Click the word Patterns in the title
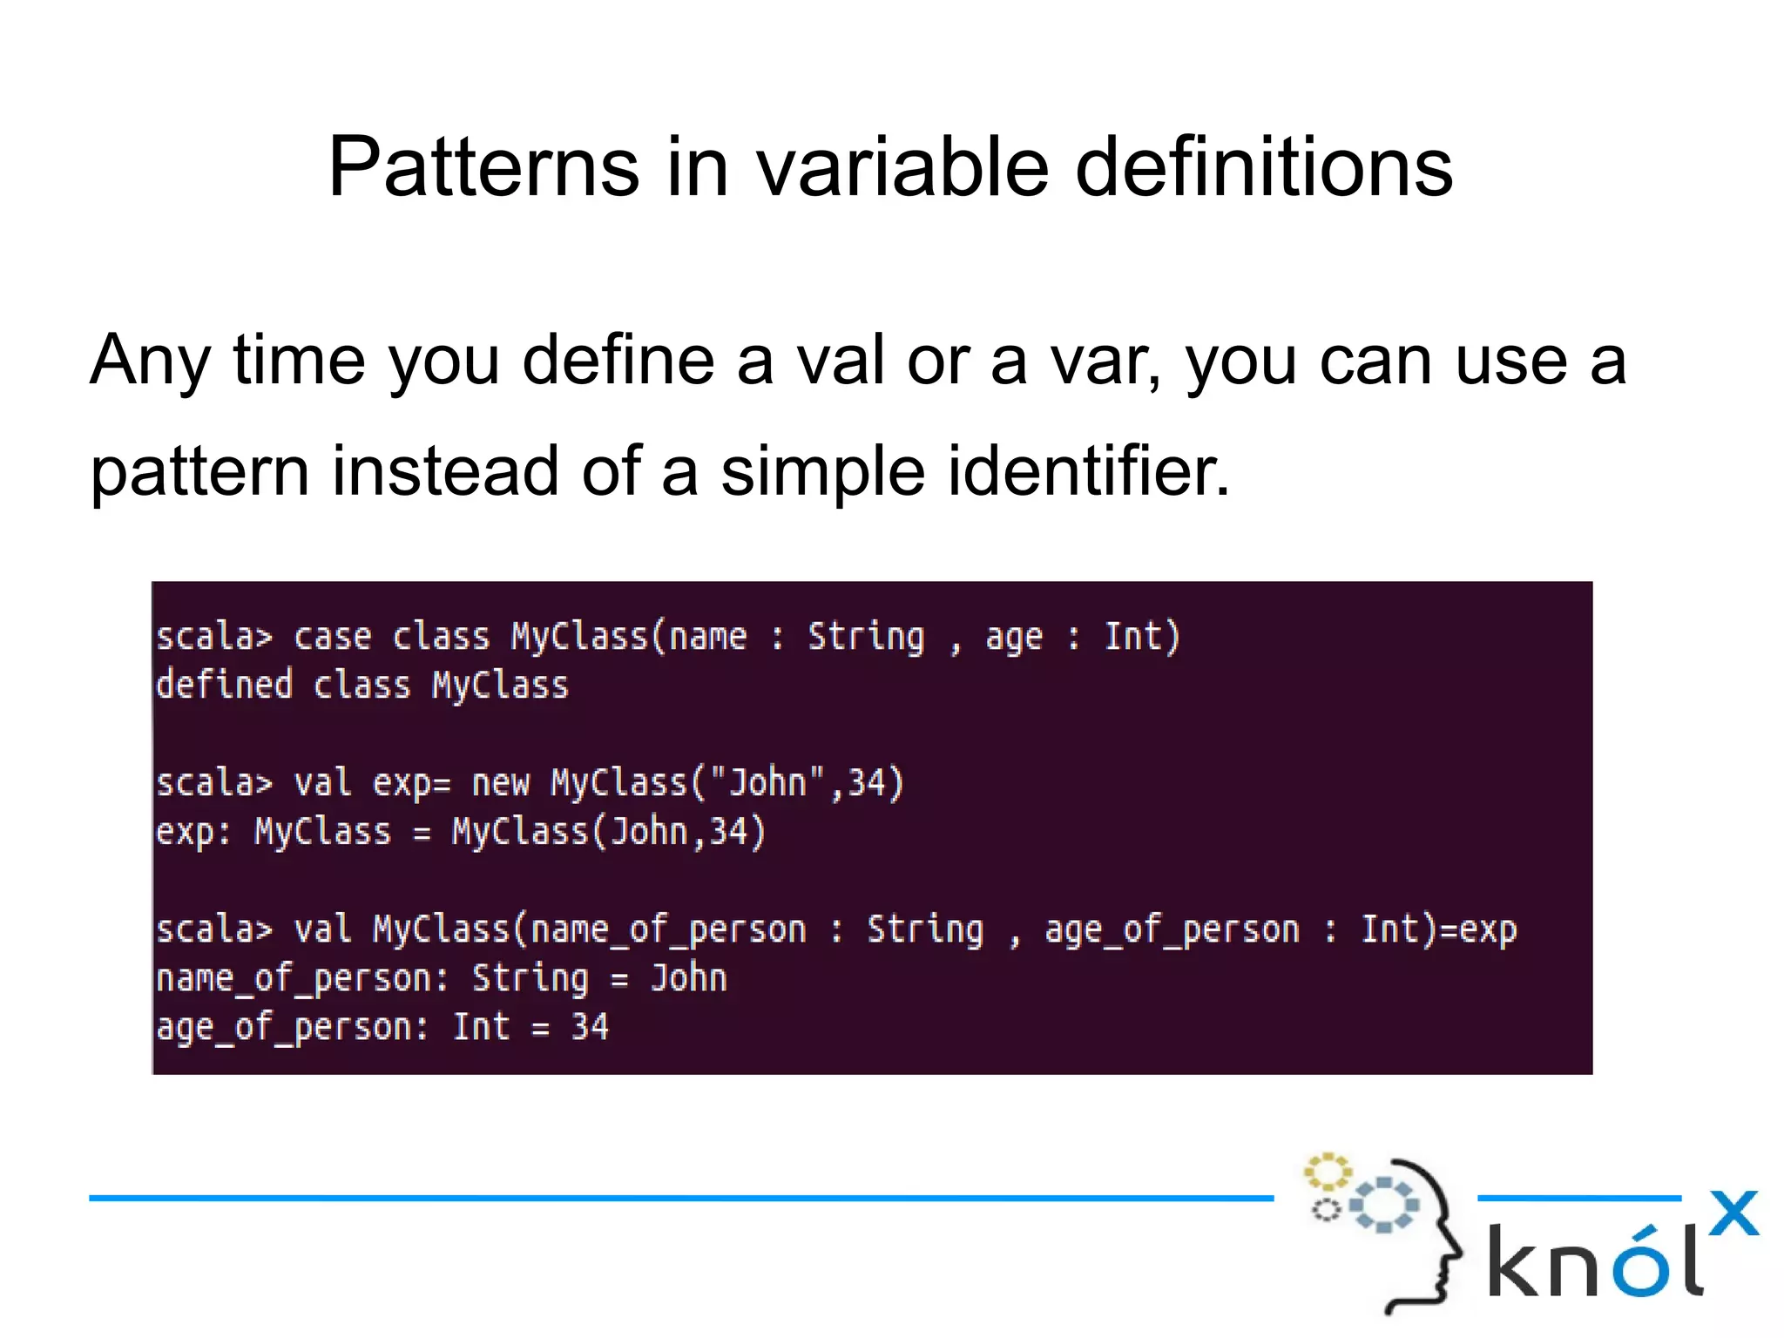point(483,167)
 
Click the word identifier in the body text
point(1088,471)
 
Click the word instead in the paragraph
point(445,471)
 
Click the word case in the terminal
point(332,637)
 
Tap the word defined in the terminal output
point(224,686)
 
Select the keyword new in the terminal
point(500,783)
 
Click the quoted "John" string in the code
point(767,782)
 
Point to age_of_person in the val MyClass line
point(1172,930)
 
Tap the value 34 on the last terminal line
point(590,1028)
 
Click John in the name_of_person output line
point(688,978)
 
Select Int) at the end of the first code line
point(1142,637)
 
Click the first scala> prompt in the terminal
point(214,637)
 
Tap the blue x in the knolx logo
point(1733,1213)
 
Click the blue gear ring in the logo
point(1384,1205)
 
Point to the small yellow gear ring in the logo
point(1327,1172)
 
